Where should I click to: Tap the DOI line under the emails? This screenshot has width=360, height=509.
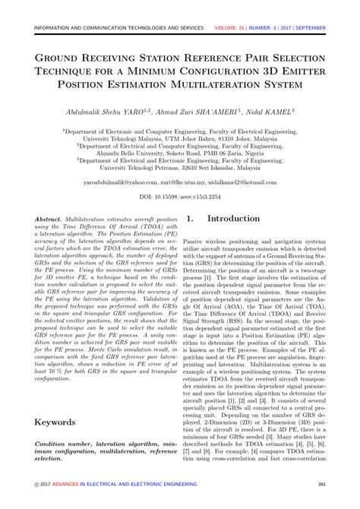(180, 196)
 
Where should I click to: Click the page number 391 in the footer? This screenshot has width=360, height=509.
(321, 484)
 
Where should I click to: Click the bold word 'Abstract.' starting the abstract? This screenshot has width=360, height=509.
(51, 217)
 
